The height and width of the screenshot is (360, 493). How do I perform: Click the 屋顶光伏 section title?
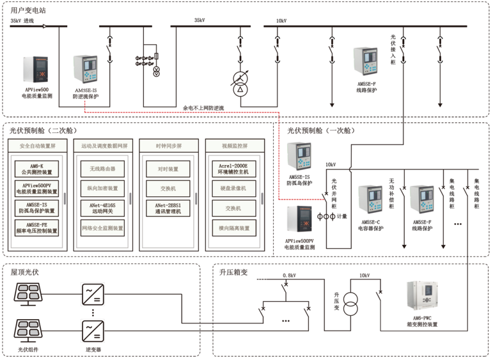click(x=25, y=272)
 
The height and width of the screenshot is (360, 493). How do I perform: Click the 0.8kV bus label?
click(x=291, y=276)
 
